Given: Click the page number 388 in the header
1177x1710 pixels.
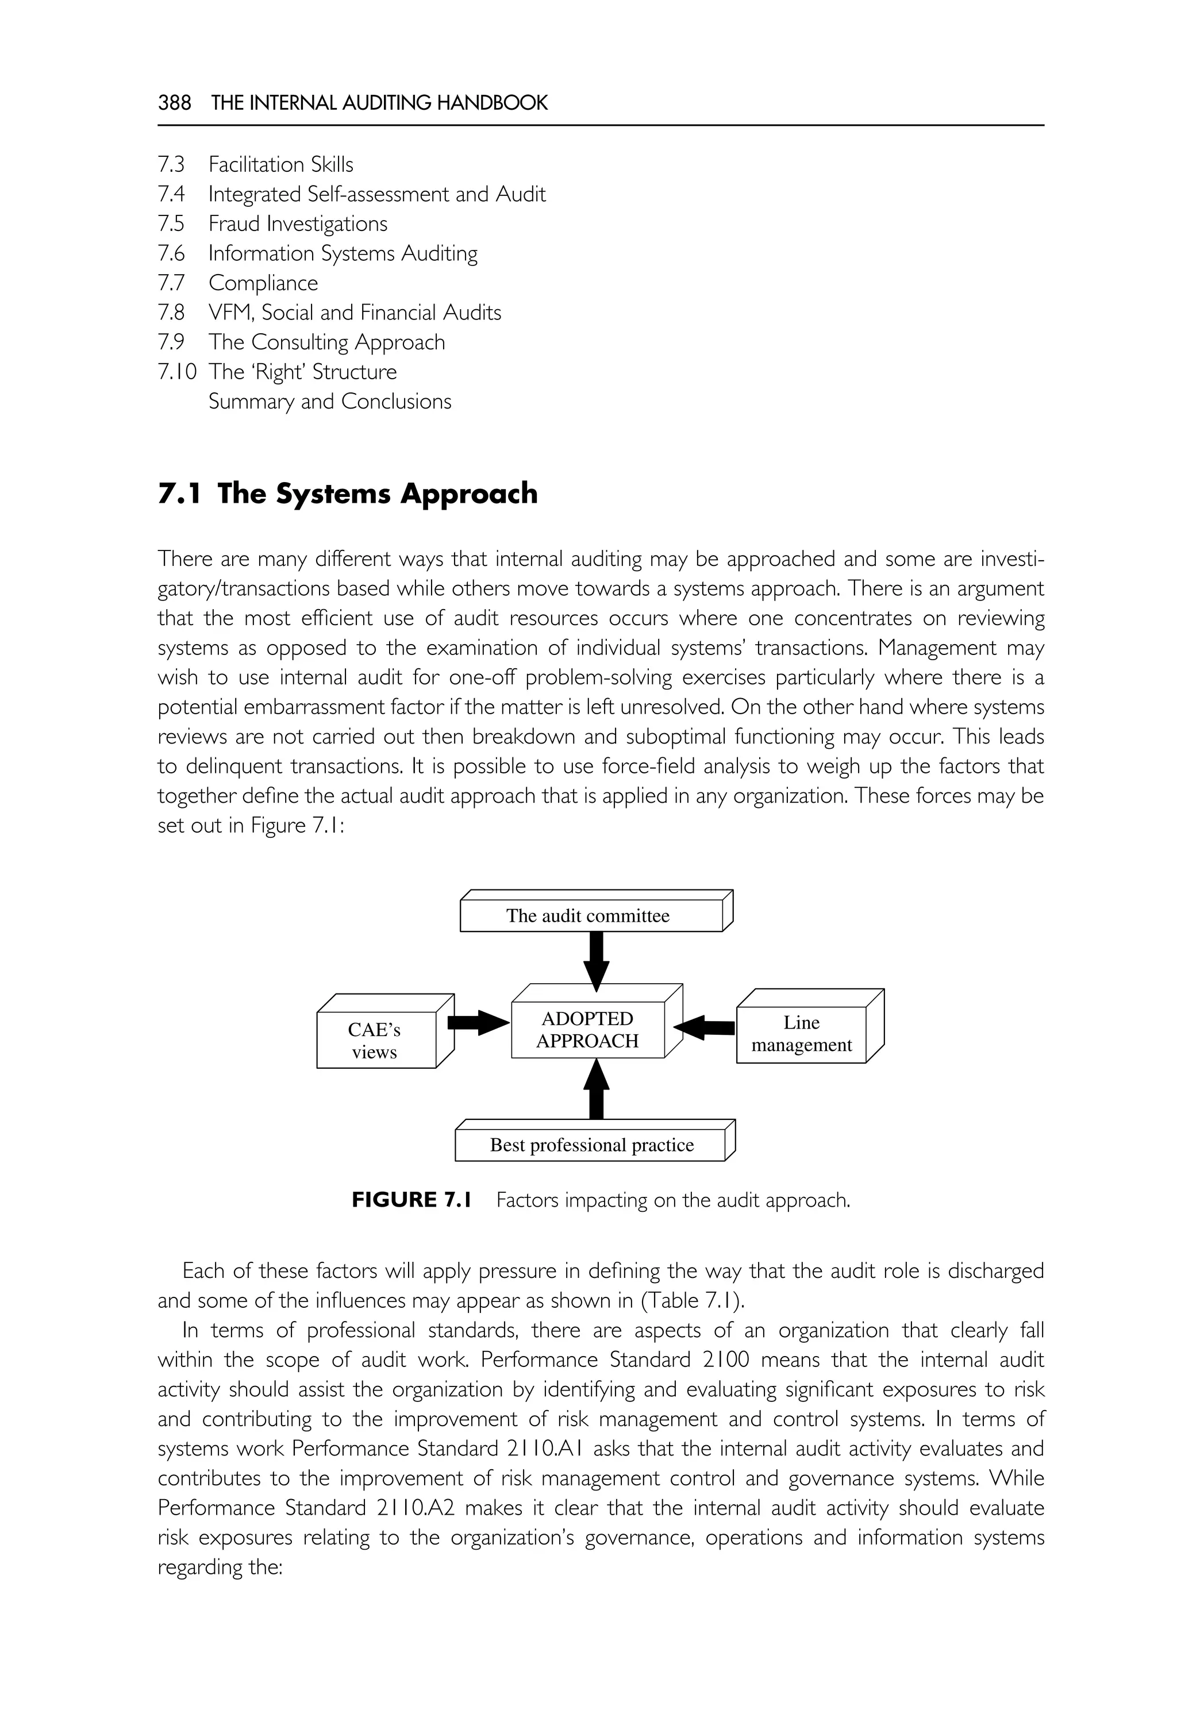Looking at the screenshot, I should pyautogui.click(x=174, y=102).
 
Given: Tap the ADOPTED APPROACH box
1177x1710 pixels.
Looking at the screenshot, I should pyautogui.click(x=588, y=1030).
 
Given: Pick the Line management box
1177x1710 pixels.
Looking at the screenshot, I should pyautogui.click(x=801, y=1034).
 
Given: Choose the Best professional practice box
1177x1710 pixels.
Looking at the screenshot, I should pyautogui.click(x=591, y=1145).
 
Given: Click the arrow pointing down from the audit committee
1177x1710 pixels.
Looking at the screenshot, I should pyautogui.click(x=596, y=960).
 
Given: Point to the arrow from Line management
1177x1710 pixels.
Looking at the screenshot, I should pyautogui.click(x=704, y=1027).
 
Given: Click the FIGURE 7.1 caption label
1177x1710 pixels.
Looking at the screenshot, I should pyautogui.click(x=411, y=1200).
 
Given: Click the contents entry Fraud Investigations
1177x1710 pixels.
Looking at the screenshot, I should pyautogui.click(x=297, y=224).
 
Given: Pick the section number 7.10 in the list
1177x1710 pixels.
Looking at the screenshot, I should pyautogui.click(x=177, y=372).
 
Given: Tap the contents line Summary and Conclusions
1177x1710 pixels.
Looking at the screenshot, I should pyautogui.click(x=330, y=401).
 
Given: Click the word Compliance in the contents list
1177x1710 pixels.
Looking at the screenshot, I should pyautogui.click(x=263, y=283).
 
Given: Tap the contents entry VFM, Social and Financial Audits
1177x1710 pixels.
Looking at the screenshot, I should pyautogui.click(x=355, y=313).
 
